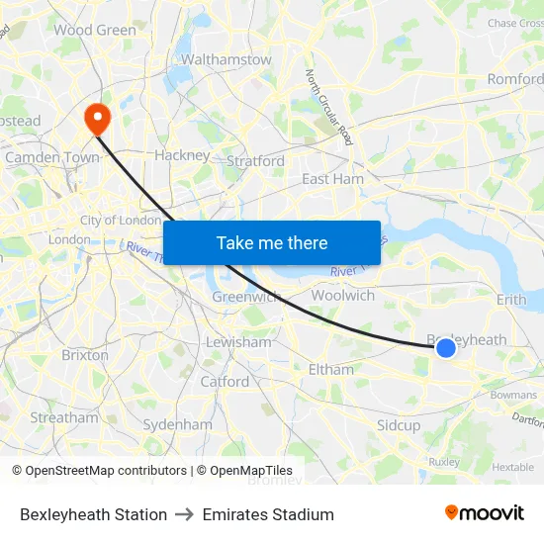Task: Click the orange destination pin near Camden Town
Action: pyautogui.click(x=98, y=119)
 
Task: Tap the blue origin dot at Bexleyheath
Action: pyautogui.click(x=446, y=347)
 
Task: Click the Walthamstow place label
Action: pyautogui.click(x=226, y=59)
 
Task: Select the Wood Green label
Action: pyautogui.click(x=95, y=30)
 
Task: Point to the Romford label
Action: pyautogui.click(x=515, y=79)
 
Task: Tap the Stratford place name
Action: pyautogui.click(x=256, y=161)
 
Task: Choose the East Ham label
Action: pyautogui.click(x=332, y=179)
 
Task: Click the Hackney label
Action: pyautogui.click(x=182, y=155)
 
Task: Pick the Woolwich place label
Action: pyautogui.click(x=342, y=295)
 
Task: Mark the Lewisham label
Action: pyautogui.click(x=237, y=342)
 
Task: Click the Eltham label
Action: pyautogui.click(x=330, y=369)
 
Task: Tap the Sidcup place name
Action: pyautogui.click(x=399, y=425)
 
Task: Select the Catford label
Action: pyautogui.click(x=225, y=381)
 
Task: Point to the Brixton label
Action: pyautogui.click(x=85, y=354)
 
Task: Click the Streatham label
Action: pyautogui.click(x=64, y=417)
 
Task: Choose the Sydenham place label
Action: pyautogui.click(x=177, y=424)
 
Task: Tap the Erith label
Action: pyautogui.click(x=512, y=299)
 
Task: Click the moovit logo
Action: pyautogui.click(x=485, y=512)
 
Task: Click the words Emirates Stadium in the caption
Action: pyautogui.click(x=268, y=514)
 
